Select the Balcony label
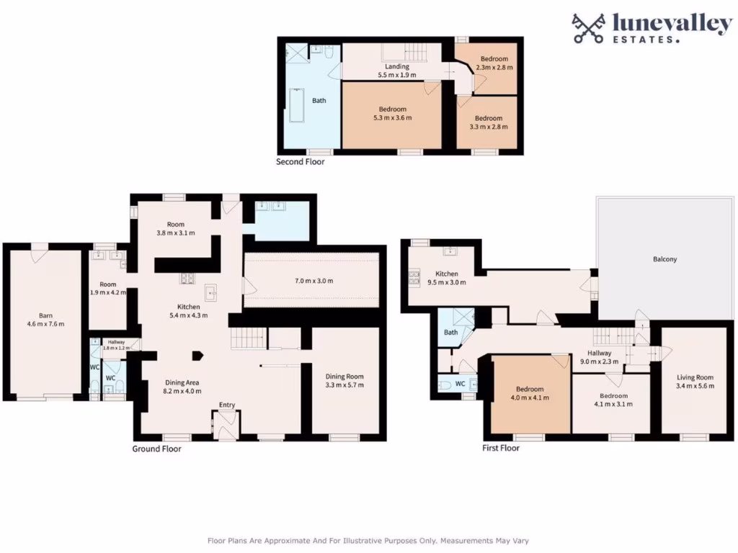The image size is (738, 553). point(664,258)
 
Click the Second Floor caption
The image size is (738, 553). point(301,162)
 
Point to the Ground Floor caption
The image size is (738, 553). point(156,449)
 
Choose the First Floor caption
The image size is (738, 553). point(500,448)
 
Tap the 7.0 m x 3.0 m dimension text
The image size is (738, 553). point(311,281)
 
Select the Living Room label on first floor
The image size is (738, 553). point(695,382)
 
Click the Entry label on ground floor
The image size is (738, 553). point(227,405)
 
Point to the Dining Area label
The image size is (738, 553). point(182,387)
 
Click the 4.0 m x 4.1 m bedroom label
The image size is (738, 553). point(530,393)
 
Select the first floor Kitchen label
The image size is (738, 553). point(447,278)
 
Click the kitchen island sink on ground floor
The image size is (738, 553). point(212,293)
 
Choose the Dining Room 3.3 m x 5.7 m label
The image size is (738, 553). point(344,380)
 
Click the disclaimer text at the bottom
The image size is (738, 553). point(368,540)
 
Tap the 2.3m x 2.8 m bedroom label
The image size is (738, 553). point(494,63)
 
